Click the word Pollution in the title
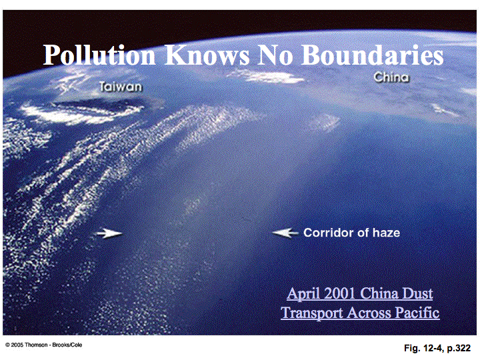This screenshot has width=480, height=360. point(99,55)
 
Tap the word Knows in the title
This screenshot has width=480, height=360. point(207,55)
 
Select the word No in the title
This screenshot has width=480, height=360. point(275,55)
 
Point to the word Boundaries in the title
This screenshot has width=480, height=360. point(373,55)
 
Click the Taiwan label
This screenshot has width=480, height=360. point(121,87)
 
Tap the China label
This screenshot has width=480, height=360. point(391,77)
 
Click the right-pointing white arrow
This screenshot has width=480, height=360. point(109,233)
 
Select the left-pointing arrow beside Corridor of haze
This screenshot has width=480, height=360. point(285,233)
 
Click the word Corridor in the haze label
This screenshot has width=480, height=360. point(329,233)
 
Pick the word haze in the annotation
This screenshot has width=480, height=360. point(386,233)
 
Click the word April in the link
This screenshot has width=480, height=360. point(304,294)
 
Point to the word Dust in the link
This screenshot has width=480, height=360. point(417,293)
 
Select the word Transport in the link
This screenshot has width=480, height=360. point(312,313)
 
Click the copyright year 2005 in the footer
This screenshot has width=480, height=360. point(17,345)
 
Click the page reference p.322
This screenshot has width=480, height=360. point(459,349)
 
